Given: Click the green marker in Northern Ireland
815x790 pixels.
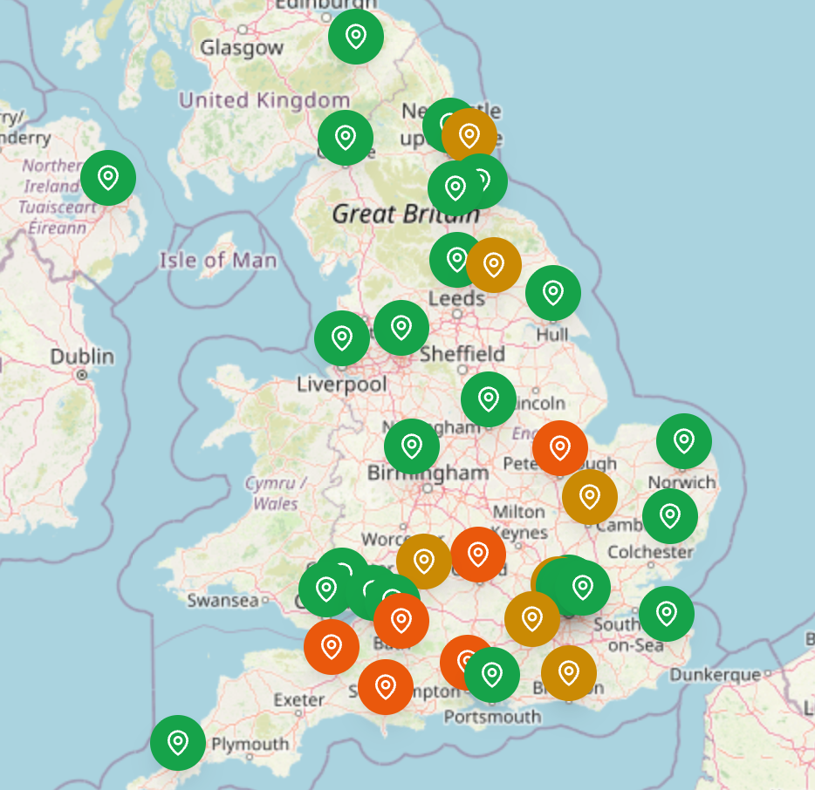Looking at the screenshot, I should [108, 177].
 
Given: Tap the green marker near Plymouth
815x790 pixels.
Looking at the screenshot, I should [178, 743].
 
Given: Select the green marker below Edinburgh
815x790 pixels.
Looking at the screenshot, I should [356, 37].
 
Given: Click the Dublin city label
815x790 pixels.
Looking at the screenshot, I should [82, 357].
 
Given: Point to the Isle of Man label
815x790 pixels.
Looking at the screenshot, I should [218, 260].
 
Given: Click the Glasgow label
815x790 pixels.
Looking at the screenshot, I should [242, 48].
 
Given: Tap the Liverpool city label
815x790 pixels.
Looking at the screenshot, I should [342, 385].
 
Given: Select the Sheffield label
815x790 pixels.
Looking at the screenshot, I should [462, 354].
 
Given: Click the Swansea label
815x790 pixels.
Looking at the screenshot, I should [223, 601].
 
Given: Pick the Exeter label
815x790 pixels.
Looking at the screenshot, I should [299, 700].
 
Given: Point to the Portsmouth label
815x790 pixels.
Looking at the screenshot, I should [492, 717].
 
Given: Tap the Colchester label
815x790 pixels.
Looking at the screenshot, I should [650, 552].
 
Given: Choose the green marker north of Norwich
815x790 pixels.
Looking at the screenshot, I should [684, 441].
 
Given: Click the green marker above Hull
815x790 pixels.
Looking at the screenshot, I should [553, 293].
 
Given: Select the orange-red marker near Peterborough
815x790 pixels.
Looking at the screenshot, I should [560, 448].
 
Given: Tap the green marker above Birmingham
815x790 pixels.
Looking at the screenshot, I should [412, 446].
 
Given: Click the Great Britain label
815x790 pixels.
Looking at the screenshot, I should [406, 214].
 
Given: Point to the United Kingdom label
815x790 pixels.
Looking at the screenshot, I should [264, 100].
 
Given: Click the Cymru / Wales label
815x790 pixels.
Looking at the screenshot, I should [276, 494].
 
